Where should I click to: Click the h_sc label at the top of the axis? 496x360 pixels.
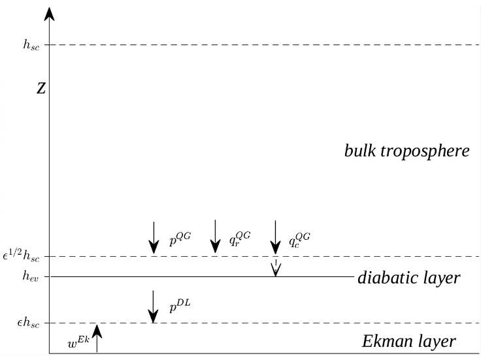pyautogui.click(x=31, y=45)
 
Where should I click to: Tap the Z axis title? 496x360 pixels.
pyautogui.click(x=41, y=89)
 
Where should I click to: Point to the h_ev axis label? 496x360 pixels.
pyautogui.click(x=31, y=276)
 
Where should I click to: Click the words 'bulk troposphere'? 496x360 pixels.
pyautogui.click(x=406, y=151)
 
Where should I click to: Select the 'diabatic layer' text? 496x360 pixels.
pyautogui.click(x=408, y=278)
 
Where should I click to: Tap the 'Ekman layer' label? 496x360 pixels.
pyautogui.click(x=408, y=341)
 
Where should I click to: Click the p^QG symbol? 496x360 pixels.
pyautogui.click(x=180, y=240)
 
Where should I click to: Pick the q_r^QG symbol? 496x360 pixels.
pyautogui.click(x=240, y=240)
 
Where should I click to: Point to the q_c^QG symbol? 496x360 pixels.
pyautogui.click(x=300, y=240)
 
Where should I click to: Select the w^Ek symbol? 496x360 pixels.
pyautogui.click(x=78, y=340)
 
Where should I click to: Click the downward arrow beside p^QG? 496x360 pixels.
pyautogui.click(x=153, y=238)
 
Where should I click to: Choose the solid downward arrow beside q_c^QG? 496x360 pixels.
pyautogui.click(x=275, y=238)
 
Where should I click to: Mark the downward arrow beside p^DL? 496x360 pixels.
pyautogui.click(x=153, y=307)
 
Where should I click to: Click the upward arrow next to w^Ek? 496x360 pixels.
pyautogui.click(x=97, y=338)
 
